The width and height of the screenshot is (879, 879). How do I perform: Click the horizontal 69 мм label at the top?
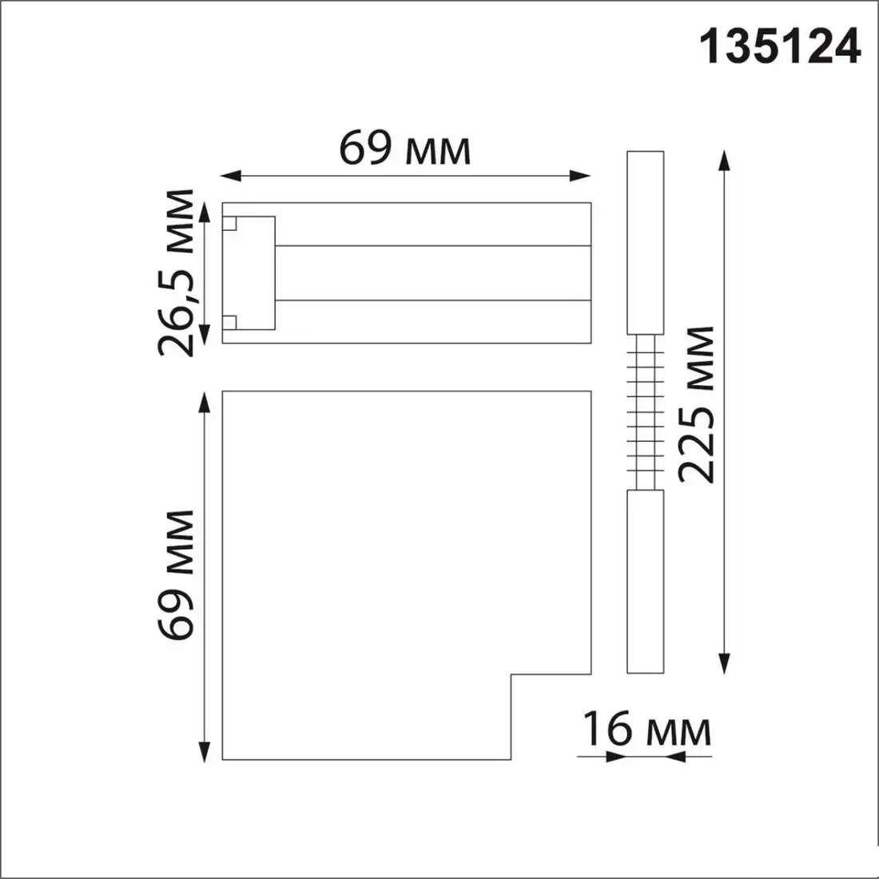coord(405,148)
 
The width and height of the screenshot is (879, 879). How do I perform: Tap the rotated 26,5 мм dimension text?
coord(177,273)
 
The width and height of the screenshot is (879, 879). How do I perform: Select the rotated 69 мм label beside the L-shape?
coord(177,574)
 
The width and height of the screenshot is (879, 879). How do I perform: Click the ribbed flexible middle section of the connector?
coord(646,412)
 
